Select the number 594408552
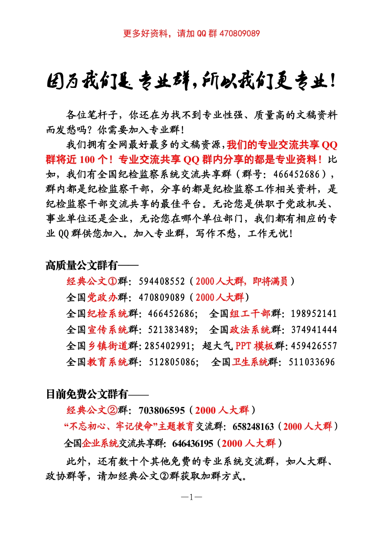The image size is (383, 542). tap(162, 281)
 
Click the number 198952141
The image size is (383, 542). tap(314, 314)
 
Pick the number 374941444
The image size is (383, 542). tap(314, 330)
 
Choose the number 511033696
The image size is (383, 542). tap(312, 362)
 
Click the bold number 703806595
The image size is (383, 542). tap(162, 411)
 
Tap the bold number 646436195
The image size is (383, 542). tap(193, 444)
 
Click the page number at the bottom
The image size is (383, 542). tap(191, 497)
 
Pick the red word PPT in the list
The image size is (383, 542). tap(243, 346)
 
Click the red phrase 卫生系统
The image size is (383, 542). tap(250, 362)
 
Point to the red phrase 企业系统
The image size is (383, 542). tap(100, 444)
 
